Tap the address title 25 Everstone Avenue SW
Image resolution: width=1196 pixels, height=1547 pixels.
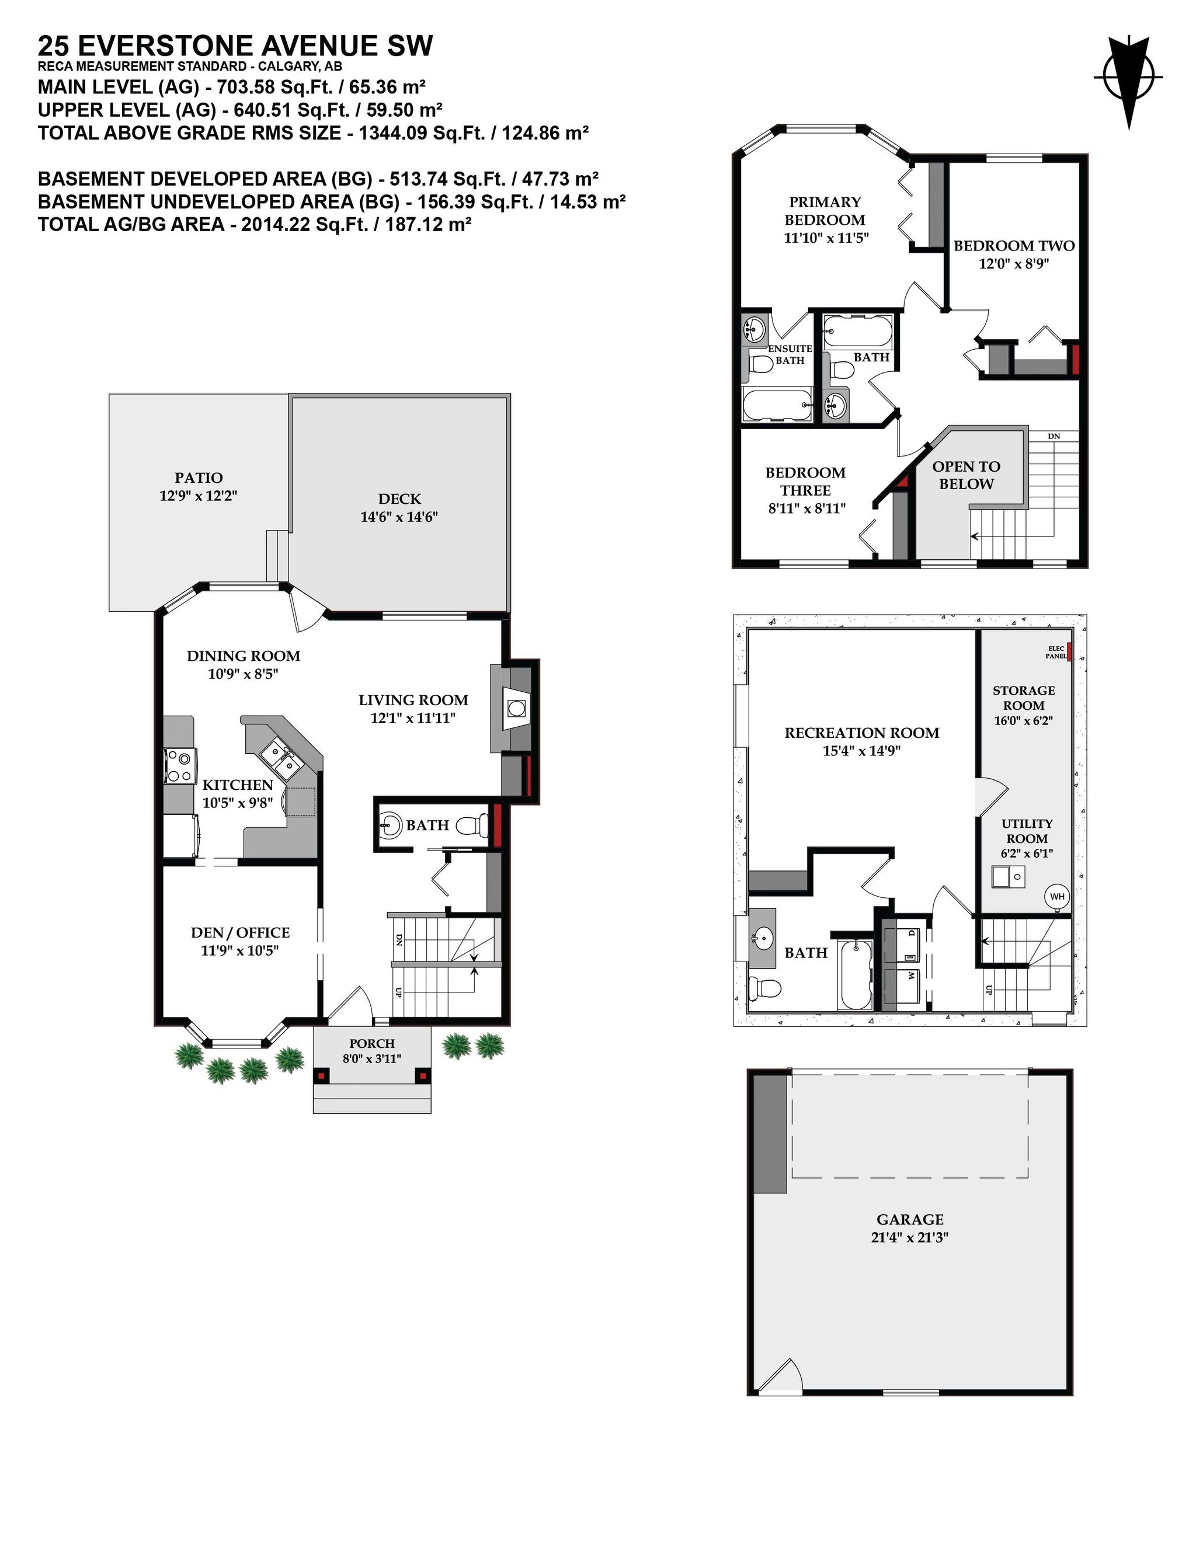tap(235, 46)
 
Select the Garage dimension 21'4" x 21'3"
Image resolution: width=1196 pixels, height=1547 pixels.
tap(909, 1238)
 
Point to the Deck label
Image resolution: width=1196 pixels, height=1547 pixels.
tap(399, 499)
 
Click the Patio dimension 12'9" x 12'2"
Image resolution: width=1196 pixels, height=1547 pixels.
tap(198, 495)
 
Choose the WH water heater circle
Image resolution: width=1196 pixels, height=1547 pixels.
tap(1056, 896)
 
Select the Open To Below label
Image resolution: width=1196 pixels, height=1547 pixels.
tap(966, 475)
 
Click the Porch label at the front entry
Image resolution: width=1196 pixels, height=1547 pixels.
tap(371, 1043)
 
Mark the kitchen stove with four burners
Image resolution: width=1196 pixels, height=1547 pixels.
tap(180, 766)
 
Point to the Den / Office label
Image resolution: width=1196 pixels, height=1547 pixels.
tap(239, 932)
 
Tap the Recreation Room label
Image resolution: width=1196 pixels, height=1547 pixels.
tap(861, 733)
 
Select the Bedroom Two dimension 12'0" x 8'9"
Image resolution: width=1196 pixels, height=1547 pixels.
tap(1013, 263)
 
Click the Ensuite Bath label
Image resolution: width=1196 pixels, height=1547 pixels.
tap(790, 354)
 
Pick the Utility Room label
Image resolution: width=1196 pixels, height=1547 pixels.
tap(1026, 831)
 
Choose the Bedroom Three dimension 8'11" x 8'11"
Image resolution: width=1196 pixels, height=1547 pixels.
tap(806, 508)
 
